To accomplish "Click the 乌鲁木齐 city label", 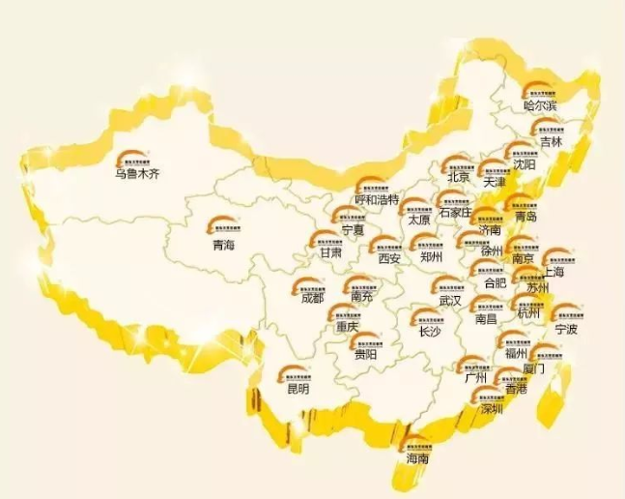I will [135, 174].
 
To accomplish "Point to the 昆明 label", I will [298, 389].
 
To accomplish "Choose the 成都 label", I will [313, 298].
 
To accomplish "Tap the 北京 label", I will [458, 178].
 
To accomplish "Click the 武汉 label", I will [450, 301].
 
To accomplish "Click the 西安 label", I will [388, 258].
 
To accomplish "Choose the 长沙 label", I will [429, 330].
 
